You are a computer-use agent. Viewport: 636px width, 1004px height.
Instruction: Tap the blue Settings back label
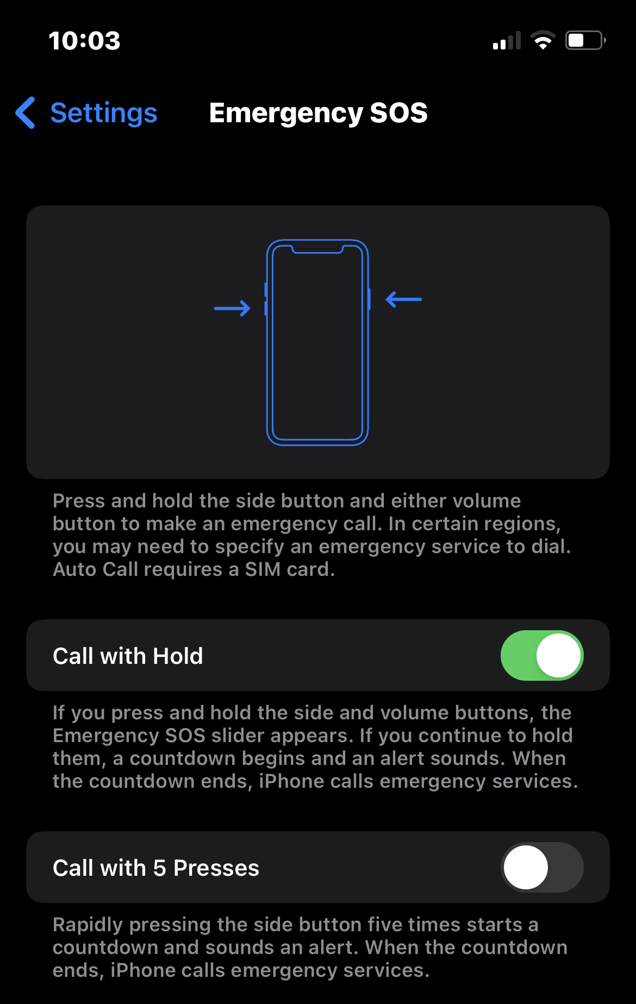104,113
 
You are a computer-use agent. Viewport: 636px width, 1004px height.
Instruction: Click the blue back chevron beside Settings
26,112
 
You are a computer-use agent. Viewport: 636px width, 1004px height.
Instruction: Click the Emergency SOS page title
319,113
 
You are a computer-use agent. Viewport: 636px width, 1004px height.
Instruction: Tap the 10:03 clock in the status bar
84,41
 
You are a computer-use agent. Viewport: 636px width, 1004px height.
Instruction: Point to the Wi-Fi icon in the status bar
543,40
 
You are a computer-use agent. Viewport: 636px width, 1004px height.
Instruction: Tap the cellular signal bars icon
507,40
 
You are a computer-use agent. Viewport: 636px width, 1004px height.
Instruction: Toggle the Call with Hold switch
542,655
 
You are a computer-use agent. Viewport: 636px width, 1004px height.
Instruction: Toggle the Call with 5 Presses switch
542,867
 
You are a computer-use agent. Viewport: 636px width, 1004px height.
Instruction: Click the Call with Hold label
128,656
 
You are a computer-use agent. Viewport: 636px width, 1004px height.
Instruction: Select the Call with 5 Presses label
156,868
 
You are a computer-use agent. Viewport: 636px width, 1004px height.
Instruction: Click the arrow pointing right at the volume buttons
232,309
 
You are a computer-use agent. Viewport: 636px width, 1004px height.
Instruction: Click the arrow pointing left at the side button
403,299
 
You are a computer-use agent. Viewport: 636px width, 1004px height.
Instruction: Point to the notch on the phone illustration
317,249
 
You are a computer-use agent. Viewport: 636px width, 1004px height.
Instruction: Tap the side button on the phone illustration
369,299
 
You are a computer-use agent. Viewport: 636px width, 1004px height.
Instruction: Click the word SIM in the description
263,569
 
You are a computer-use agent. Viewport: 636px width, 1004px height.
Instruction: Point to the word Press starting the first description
79,501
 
